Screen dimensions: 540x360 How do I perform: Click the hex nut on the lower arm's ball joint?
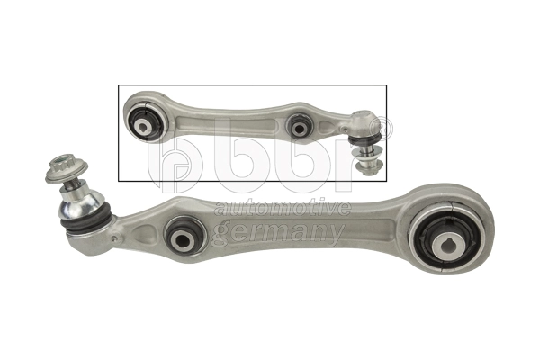click(65, 171)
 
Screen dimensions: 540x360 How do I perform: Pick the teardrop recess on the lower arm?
click(144, 234)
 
